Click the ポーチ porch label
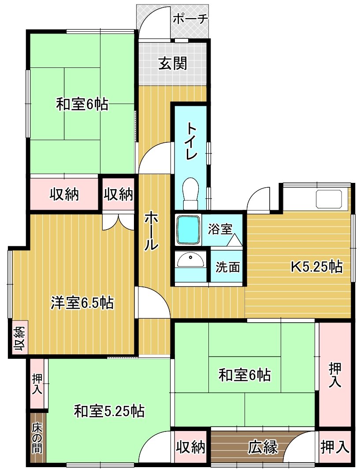tap(190, 19)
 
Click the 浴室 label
tap(220, 229)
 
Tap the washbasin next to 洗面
tap(190, 260)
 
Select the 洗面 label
tap(227, 267)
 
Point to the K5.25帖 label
tap(316, 267)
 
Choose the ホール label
tap(151, 231)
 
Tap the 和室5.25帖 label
tap(109, 411)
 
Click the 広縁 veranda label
tap(263, 447)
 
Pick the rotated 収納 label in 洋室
tap(19, 339)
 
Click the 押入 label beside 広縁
tap(335, 447)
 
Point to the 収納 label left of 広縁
tap(190, 447)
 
